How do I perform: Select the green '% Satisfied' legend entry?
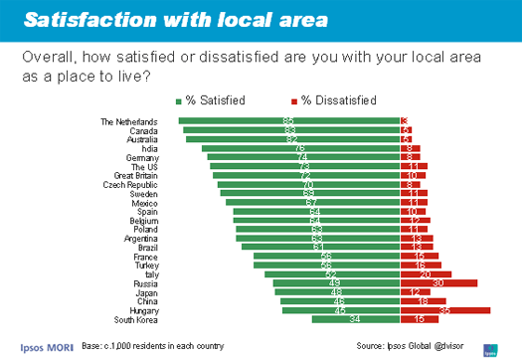(215, 100)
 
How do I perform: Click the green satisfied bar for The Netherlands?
(288, 121)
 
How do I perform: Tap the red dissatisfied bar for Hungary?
(444, 310)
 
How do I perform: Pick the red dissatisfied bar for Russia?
(437, 283)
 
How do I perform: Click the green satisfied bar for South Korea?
(355, 319)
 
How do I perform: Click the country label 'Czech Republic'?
(134, 184)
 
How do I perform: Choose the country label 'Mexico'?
(146, 202)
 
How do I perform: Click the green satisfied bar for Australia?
(292, 139)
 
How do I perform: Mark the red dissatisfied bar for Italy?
(425, 274)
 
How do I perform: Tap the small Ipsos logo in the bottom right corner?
(490, 347)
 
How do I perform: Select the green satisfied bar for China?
(339, 301)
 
